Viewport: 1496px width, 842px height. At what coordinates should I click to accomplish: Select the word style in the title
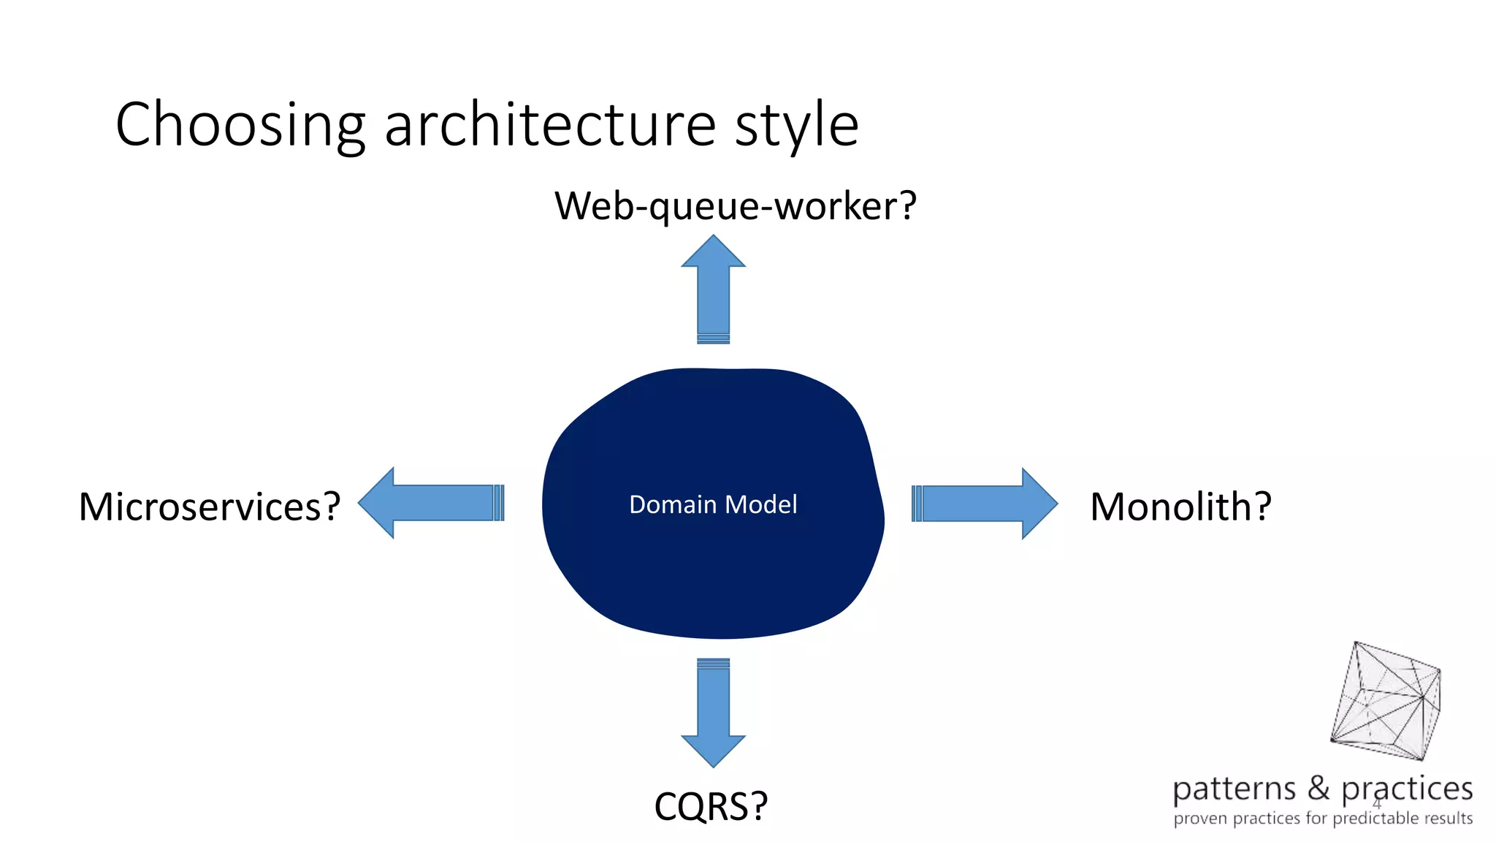coord(796,126)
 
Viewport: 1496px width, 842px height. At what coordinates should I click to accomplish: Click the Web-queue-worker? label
coord(735,206)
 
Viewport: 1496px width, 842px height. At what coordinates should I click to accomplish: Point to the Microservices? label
coord(210,507)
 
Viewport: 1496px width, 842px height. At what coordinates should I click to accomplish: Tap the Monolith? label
coord(1180,507)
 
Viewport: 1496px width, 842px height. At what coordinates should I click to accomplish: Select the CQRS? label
coord(711,806)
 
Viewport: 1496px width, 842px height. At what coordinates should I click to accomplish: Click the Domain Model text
coord(713,504)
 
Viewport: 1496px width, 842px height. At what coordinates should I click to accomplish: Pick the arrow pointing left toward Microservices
coord(431,503)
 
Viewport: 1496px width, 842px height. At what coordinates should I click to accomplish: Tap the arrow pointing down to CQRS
coord(714,713)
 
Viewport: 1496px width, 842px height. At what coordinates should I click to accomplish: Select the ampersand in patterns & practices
coord(1318,788)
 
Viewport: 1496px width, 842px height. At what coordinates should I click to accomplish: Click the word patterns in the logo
coord(1234,790)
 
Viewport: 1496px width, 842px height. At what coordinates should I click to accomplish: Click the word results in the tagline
coord(1447,818)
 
